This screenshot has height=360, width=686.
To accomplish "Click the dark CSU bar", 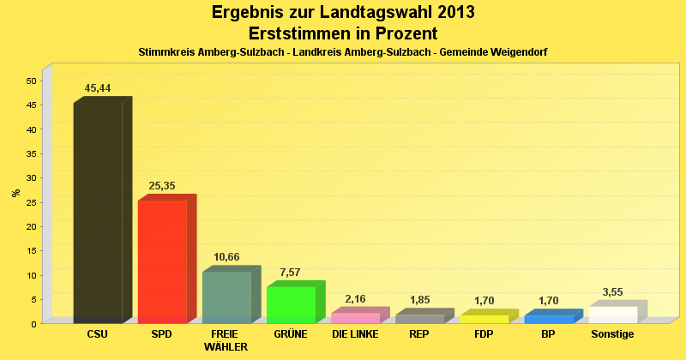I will (x=98, y=213).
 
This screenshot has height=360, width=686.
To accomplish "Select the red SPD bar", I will (x=162, y=261).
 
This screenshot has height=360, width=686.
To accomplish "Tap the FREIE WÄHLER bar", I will (x=226, y=297).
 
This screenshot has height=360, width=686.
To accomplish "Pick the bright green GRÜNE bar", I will (x=291, y=304).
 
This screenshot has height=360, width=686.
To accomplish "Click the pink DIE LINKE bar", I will (x=355, y=318).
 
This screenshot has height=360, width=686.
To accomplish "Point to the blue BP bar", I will (x=548, y=319).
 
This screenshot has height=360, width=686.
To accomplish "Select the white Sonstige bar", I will (x=612, y=315).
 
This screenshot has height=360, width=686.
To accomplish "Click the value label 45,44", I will (x=98, y=88).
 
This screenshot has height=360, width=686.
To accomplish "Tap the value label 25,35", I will (x=162, y=186).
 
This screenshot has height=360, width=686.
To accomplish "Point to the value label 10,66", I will (x=226, y=257).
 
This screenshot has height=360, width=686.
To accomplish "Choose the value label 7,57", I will (x=291, y=273).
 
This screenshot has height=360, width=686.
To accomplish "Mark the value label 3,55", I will (x=612, y=291).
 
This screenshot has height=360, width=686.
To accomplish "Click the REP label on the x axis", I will (x=419, y=334).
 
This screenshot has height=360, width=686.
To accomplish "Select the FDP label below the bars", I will (x=484, y=334).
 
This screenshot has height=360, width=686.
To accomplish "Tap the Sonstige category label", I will (x=612, y=334).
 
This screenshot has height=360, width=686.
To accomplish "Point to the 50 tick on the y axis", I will (x=31, y=81).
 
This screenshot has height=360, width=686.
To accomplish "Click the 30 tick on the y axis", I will (x=31, y=177).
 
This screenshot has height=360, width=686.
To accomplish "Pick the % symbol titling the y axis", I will (x=16, y=193).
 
